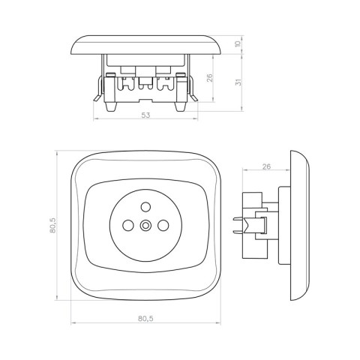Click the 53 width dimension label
click(145, 115)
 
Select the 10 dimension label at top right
click(238, 43)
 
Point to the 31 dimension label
click(239, 82)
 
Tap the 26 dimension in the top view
click(210, 78)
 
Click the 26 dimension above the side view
click(266, 166)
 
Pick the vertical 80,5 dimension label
click(52, 225)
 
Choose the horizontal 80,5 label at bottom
click(145, 319)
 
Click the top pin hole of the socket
click(145, 207)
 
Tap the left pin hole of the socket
click(127, 225)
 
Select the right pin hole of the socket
click(163, 225)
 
